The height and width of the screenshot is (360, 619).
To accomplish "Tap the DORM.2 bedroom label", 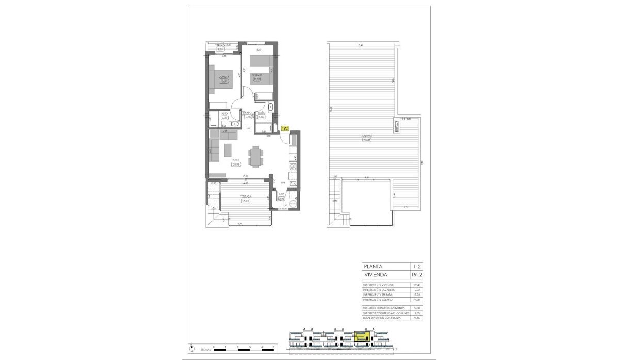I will [257, 75].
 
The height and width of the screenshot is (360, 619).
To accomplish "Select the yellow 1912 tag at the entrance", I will [285, 129].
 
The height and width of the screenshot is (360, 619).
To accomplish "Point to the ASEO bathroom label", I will [224, 113].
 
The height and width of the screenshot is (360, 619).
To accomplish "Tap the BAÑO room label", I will [261, 113].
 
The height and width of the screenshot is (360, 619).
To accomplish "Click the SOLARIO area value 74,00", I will [367, 140].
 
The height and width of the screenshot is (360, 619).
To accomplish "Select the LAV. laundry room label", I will [282, 194].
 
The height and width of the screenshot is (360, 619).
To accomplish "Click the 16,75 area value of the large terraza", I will [246, 201].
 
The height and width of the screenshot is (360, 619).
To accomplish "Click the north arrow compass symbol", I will [190, 348].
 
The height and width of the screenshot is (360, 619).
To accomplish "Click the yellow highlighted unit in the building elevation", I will [362, 338].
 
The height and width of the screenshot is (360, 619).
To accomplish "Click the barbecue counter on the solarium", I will [397, 126].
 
